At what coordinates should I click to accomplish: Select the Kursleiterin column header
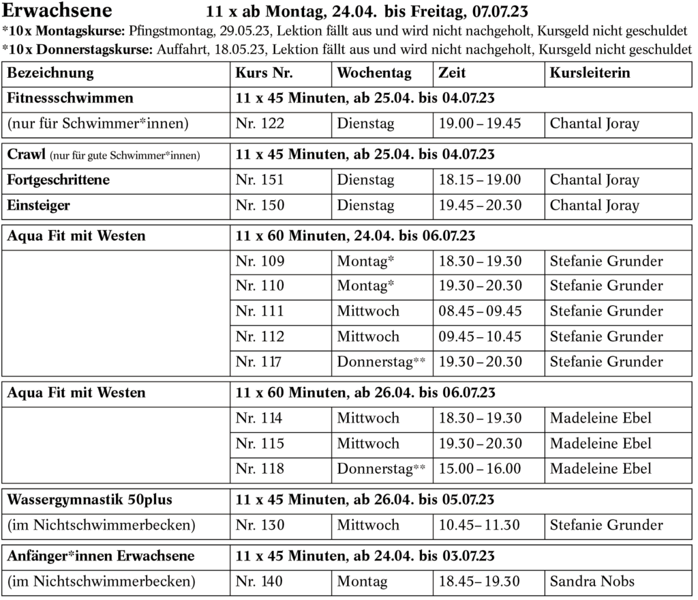pyautogui.click(x=590, y=73)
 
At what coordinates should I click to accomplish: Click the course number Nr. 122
pyautogui.click(x=260, y=124)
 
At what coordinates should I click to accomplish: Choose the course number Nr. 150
pyautogui.click(x=260, y=205)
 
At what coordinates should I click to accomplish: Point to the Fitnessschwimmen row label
pyautogui.click(x=70, y=98)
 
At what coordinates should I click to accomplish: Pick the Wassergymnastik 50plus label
pyautogui.click(x=89, y=500)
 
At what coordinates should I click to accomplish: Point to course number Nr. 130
pyautogui.click(x=260, y=525)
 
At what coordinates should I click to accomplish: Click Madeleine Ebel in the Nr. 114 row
pyautogui.click(x=601, y=418)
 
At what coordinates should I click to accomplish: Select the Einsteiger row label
pyautogui.click(x=38, y=205)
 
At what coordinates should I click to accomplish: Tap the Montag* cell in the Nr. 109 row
pyautogui.click(x=366, y=261)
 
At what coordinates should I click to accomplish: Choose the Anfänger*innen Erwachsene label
pyautogui.click(x=101, y=556)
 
